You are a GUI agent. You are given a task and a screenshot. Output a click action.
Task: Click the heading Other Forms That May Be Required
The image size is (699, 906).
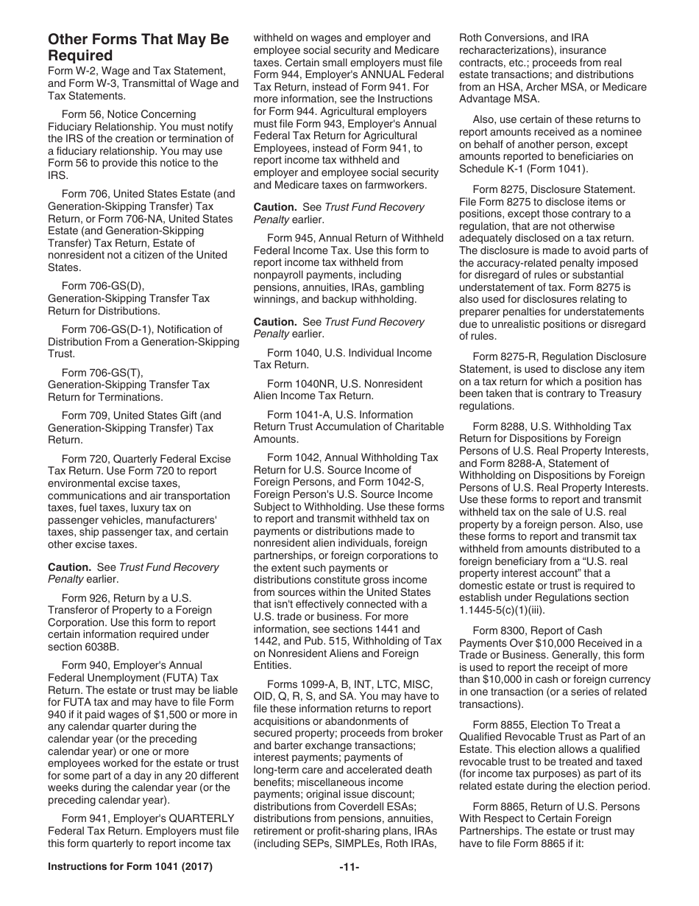tap(138, 47)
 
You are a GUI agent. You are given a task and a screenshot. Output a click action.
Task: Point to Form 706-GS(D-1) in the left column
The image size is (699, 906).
tap(115, 329)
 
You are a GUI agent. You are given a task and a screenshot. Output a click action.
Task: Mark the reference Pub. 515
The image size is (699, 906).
tap(335, 641)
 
